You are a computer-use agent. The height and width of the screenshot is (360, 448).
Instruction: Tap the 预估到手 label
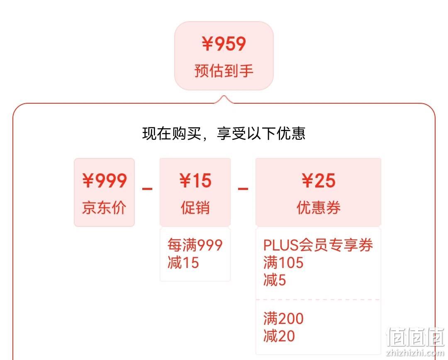[x=224, y=71]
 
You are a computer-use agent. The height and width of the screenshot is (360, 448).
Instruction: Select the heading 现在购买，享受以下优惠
[x=224, y=134]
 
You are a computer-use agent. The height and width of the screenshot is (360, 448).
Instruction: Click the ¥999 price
[x=105, y=180]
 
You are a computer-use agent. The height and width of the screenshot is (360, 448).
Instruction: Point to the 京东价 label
[x=104, y=207]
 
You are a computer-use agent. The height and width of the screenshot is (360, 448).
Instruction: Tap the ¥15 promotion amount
[x=195, y=180]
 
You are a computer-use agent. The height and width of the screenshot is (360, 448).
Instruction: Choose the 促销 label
[x=195, y=207]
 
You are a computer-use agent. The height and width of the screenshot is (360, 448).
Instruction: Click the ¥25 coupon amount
[x=319, y=180]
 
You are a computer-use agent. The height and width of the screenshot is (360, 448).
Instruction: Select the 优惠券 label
[x=319, y=207]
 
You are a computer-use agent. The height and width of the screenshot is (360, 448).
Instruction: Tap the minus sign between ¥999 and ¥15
[x=147, y=189]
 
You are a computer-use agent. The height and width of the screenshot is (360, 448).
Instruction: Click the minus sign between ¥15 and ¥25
[x=243, y=189]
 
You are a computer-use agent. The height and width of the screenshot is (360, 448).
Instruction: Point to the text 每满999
[x=195, y=245]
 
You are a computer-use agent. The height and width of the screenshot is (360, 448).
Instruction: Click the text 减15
[x=183, y=262]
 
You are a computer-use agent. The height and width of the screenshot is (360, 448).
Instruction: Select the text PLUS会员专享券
[x=318, y=245]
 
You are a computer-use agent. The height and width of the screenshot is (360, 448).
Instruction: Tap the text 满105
[x=283, y=262]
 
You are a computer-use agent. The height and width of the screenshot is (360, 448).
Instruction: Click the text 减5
[x=275, y=280]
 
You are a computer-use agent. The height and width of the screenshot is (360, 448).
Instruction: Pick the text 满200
[x=283, y=318]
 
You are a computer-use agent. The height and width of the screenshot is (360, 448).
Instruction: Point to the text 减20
[x=279, y=336]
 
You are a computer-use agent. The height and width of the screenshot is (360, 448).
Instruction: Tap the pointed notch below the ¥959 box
[x=224, y=96]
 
